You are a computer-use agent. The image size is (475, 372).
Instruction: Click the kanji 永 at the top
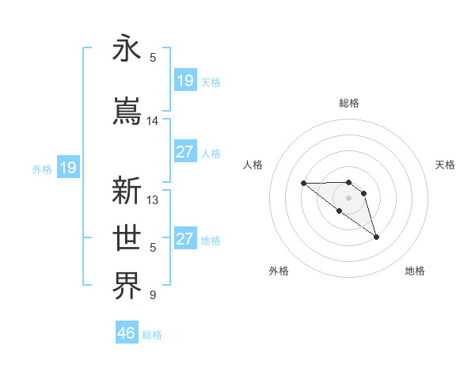coord(127,49)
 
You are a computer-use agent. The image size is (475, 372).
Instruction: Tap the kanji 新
coord(127,191)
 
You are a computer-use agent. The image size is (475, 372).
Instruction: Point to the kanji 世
coord(127,237)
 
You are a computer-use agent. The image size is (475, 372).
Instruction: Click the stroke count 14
coord(153,121)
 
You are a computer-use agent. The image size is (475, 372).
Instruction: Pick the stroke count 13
coord(153,200)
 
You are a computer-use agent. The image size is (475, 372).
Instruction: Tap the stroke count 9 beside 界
coord(153,295)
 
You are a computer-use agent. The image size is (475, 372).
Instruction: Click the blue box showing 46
coord(127,332)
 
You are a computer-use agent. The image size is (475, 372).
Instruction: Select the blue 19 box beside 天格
coord(184,81)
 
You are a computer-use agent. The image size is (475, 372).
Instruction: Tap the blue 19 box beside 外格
coord(67,168)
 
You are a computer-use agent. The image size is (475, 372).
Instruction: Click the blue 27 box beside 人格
coord(184,152)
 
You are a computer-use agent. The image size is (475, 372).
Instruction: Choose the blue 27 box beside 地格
coord(184,239)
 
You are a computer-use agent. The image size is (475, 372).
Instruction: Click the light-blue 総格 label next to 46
coord(152,335)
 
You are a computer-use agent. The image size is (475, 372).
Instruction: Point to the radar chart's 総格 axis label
coord(349,103)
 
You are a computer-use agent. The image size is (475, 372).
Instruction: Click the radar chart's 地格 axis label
coord(415,271)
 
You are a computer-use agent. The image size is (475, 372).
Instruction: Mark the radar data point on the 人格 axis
coord(303,184)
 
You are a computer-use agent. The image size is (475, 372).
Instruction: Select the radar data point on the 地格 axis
coord(376,237)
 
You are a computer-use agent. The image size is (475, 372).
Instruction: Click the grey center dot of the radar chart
coord(349,197)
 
